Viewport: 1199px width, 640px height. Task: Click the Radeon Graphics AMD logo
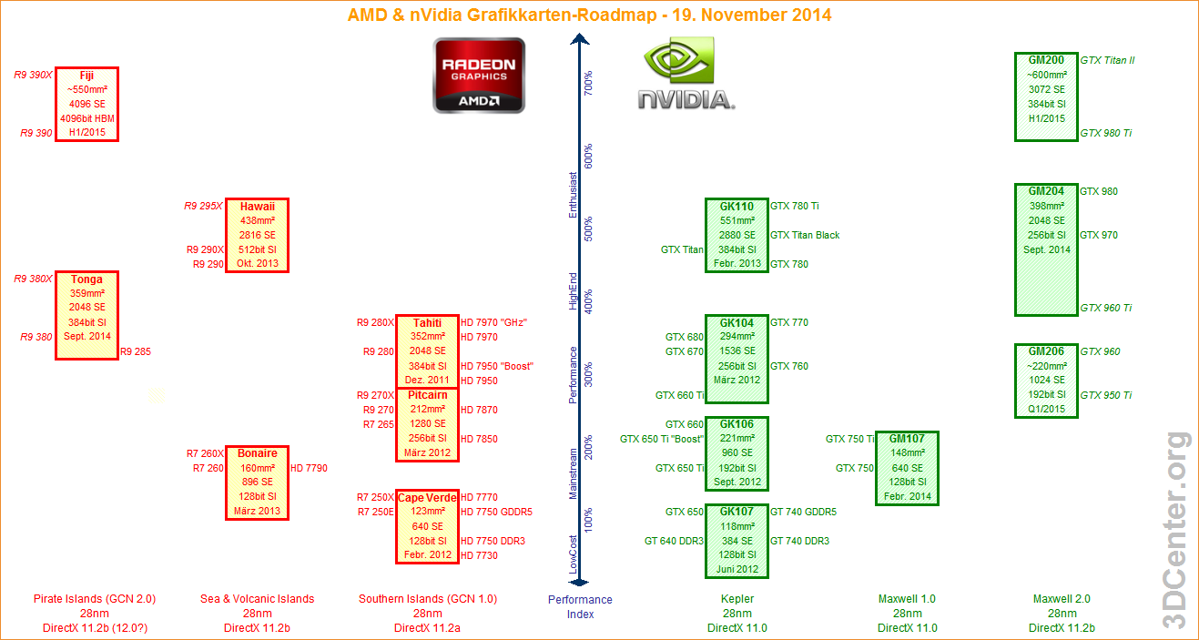click(x=479, y=75)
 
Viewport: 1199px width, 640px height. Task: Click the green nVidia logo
click(x=686, y=75)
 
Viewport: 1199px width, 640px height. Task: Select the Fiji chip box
click(x=86, y=104)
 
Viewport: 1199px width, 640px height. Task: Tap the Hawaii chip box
click(x=258, y=235)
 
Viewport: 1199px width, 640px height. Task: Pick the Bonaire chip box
click(x=258, y=483)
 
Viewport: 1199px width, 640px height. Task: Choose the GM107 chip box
click(x=907, y=468)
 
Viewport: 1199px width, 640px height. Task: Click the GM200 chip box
click(x=1046, y=97)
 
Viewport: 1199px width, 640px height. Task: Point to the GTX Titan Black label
click(x=805, y=235)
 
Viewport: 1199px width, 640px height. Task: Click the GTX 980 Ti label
click(x=1106, y=133)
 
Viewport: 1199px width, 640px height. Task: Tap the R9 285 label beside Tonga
click(x=136, y=351)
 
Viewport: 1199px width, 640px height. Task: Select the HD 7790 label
click(x=309, y=468)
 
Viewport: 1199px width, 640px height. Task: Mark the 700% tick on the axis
click(x=588, y=83)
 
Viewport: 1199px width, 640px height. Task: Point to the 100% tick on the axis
click(x=588, y=520)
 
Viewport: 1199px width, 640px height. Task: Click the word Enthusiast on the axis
click(x=573, y=194)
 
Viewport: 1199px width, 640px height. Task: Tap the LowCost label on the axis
click(x=573, y=554)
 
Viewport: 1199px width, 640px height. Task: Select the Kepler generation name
click(x=737, y=599)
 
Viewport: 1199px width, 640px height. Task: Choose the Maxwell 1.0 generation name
click(x=907, y=599)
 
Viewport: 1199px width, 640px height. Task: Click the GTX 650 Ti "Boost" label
click(x=662, y=439)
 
